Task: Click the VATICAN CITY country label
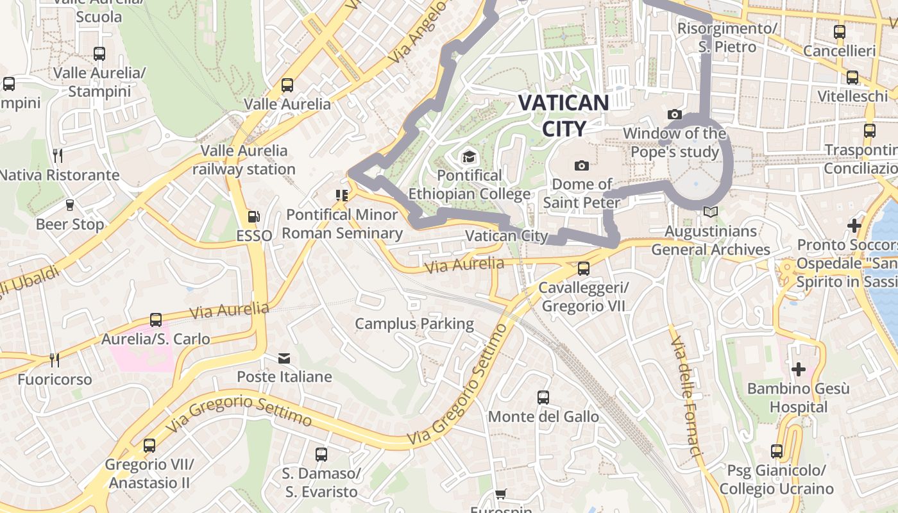(x=563, y=115)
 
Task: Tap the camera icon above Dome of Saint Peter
(x=582, y=166)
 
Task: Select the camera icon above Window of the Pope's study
(x=675, y=115)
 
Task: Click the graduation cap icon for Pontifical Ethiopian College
(x=470, y=157)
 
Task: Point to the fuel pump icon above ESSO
(x=254, y=217)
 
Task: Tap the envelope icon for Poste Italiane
(x=284, y=358)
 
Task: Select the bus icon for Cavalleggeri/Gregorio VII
(x=584, y=269)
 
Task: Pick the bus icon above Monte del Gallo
(x=543, y=398)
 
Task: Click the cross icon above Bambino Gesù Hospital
(x=798, y=369)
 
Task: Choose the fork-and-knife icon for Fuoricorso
(x=55, y=360)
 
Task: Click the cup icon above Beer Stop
(x=70, y=205)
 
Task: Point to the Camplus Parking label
(x=414, y=324)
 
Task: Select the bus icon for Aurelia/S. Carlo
(x=156, y=319)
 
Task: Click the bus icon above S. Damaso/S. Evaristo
(x=321, y=455)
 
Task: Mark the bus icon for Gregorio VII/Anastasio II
(x=149, y=445)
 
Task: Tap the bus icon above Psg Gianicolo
(x=777, y=451)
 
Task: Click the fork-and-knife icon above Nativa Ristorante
(x=58, y=155)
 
